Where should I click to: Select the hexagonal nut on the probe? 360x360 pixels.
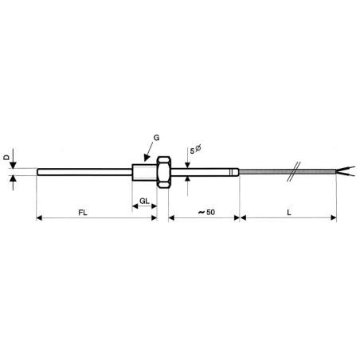163,170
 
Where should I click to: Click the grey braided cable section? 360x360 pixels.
271,170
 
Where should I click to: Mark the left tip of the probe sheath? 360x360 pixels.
38,170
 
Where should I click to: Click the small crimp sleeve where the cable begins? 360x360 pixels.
234,170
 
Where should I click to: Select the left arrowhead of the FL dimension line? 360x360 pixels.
40,217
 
